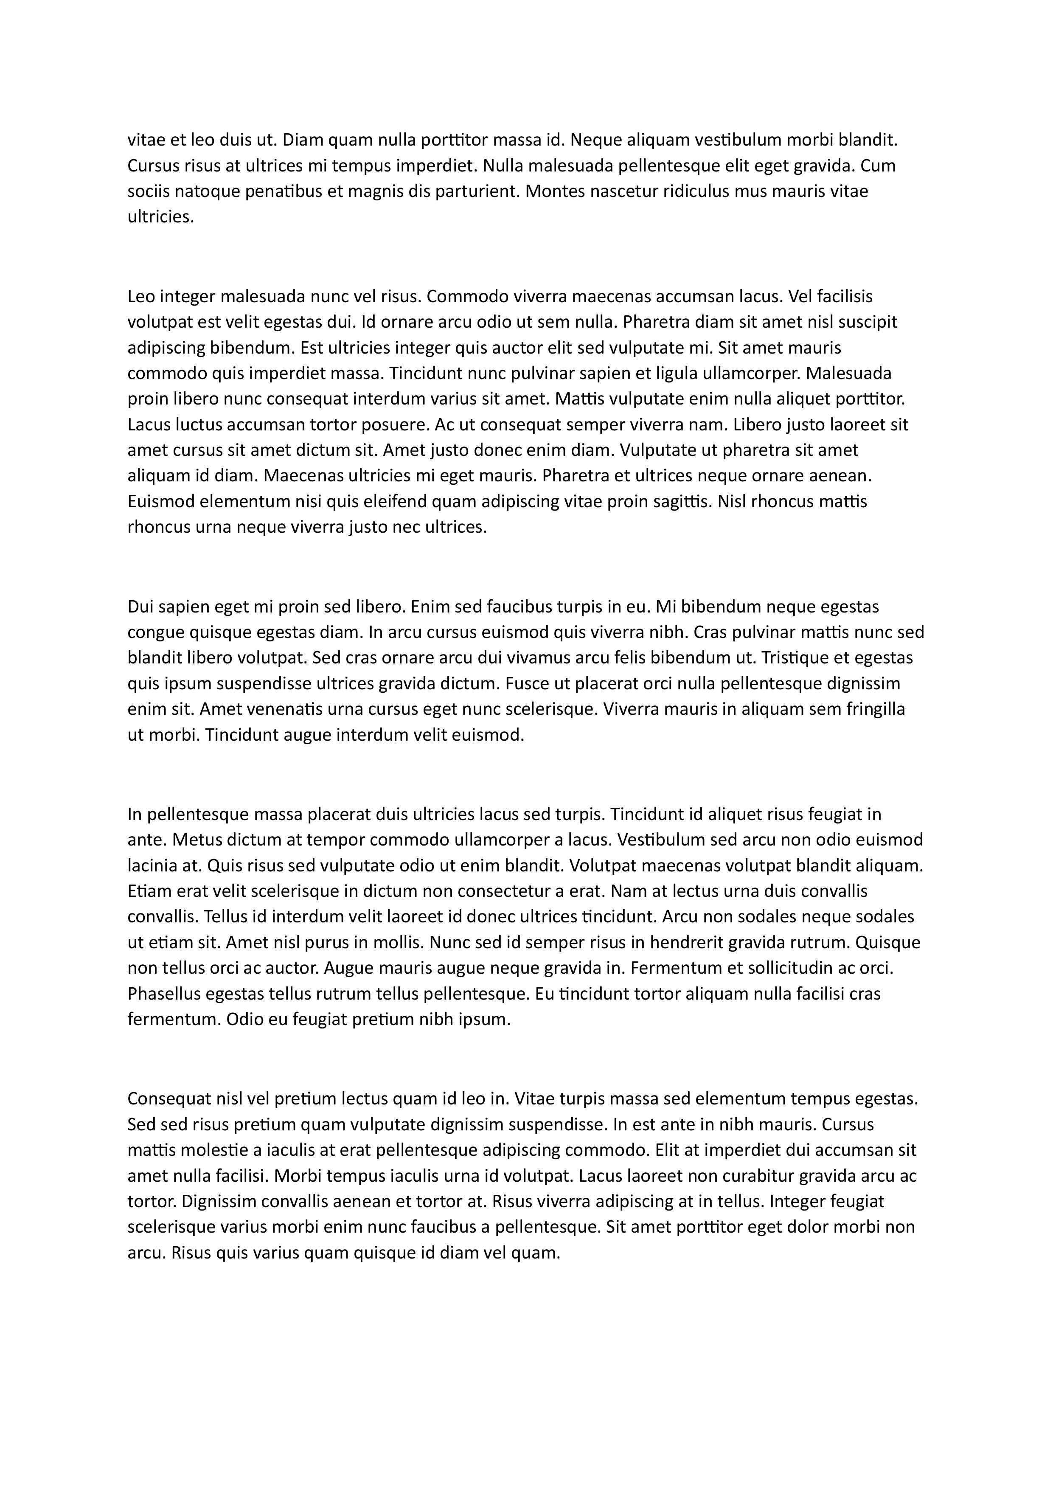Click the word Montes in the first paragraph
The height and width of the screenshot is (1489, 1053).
click(x=551, y=191)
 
